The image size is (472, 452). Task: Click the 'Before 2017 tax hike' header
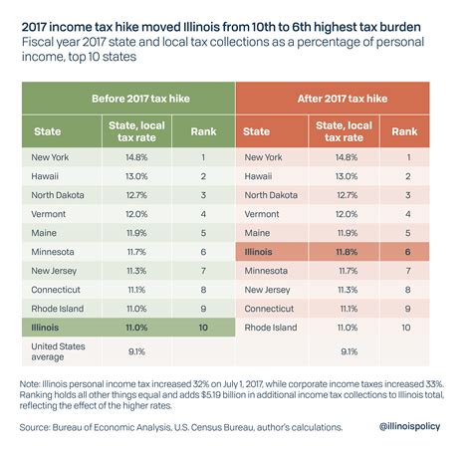click(128, 101)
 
